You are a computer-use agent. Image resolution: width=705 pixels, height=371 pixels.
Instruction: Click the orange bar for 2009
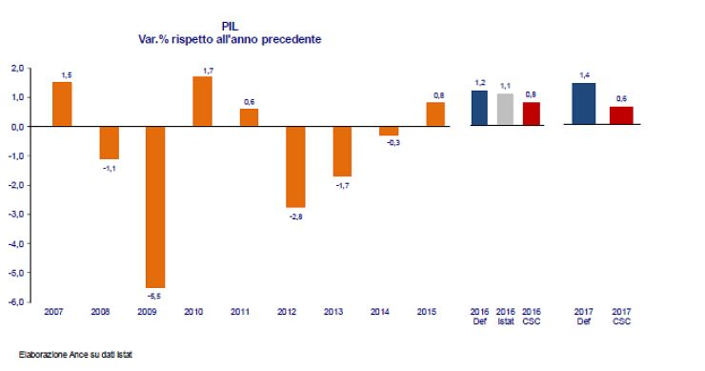pyautogui.click(x=155, y=206)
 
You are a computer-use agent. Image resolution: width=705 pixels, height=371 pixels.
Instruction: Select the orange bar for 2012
pyautogui.click(x=295, y=166)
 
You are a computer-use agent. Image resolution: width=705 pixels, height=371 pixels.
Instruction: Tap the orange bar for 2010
pyautogui.click(x=202, y=101)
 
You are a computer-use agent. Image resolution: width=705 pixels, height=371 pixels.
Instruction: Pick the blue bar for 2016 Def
pyautogui.click(x=480, y=108)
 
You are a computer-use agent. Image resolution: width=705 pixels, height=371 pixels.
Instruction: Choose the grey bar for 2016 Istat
pyautogui.click(x=505, y=110)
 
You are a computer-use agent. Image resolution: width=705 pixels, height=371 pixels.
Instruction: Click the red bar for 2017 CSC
pyautogui.click(x=621, y=115)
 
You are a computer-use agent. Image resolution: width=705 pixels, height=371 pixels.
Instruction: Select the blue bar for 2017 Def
pyautogui.click(x=584, y=104)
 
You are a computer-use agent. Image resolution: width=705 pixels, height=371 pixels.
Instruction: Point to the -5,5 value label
pyautogui.click(x=155, y=296)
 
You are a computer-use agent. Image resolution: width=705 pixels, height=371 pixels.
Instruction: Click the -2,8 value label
pyautogui.click(x=295, y=216)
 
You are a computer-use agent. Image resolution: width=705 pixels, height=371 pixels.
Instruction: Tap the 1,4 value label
pyautogui.click(x=584, y=74)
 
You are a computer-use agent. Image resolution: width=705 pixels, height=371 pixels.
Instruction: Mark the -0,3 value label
pyautogui.click(x=388, y=143)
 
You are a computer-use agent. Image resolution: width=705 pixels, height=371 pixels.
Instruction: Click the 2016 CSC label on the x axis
pyautogui.click(x=533, y=317)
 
